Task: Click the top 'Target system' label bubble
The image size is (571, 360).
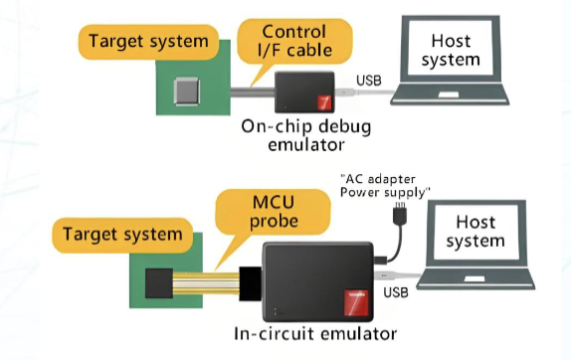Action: pos(147,41)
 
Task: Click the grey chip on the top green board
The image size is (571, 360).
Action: pos(186,93)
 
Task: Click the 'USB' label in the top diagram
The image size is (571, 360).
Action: pos(367,81)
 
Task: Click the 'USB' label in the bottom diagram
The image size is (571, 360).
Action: pos(396,292)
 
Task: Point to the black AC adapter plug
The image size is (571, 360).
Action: pos(400,215)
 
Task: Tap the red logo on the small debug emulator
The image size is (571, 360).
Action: pos(322,102)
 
